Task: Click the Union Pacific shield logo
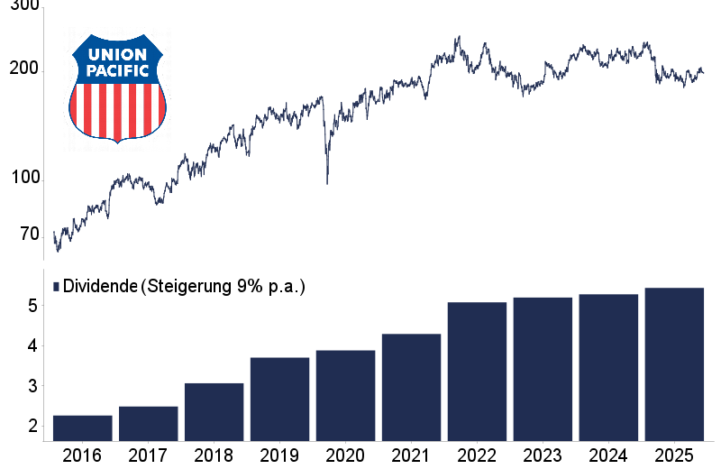click(x=118, y=87)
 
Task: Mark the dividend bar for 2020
click(x=345, y=396)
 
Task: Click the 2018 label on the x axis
click(x=214, y=455)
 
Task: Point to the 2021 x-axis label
click(x=411, y=455)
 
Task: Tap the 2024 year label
click(x=608, y=455)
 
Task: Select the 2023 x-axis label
click(x=543, y=455)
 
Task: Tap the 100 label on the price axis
click(x=27, y=179)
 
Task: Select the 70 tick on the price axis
click(x=31, y=234)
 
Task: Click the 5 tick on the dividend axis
click(x=33, y=306)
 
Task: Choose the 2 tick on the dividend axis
click(x=33, y=426)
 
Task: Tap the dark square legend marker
click(x=56, y=287)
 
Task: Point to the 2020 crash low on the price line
click(x=326, y=183)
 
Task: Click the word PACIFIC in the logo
click(x=118, y=69)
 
